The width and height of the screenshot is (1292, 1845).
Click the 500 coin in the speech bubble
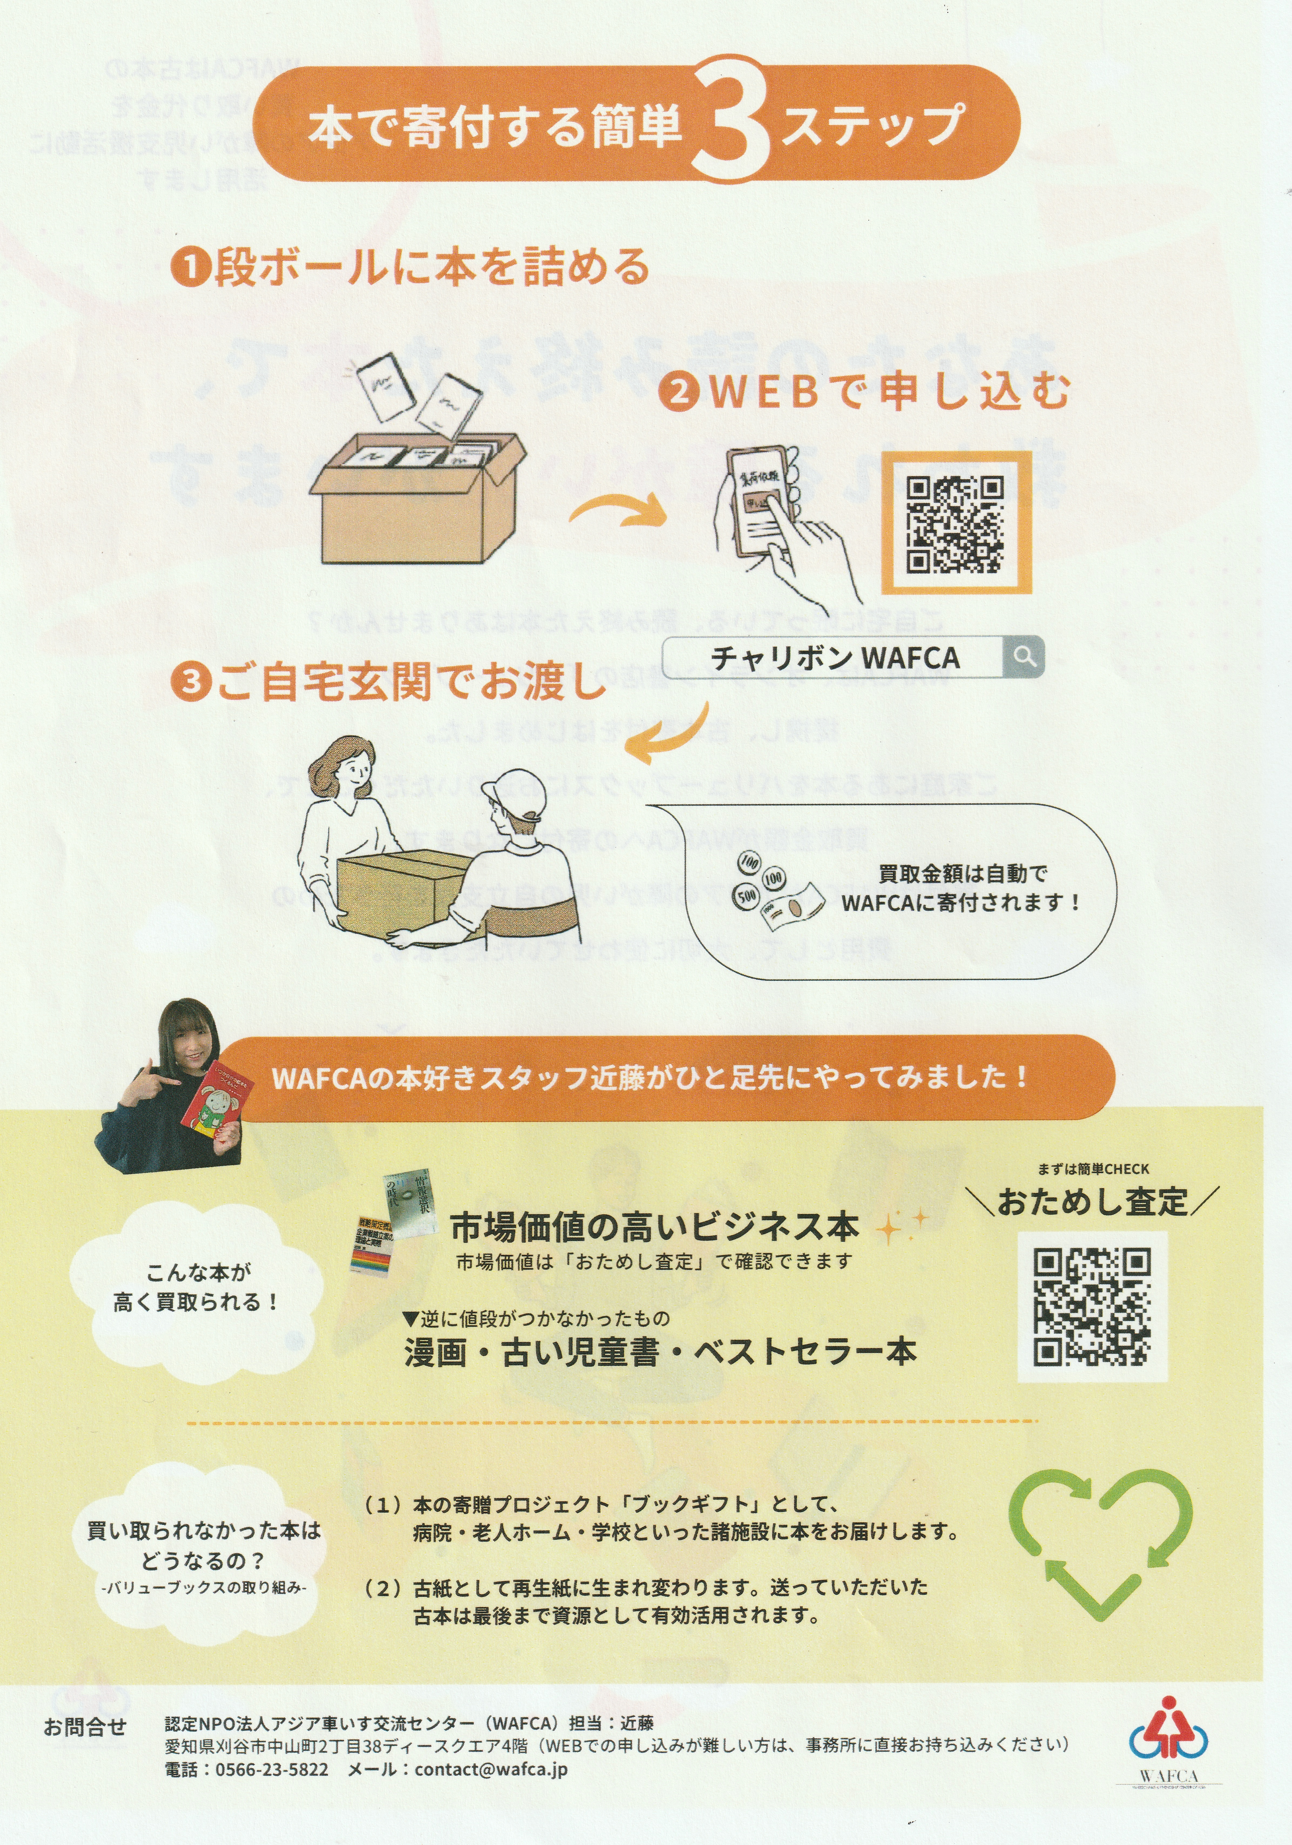tap(746, 894)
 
